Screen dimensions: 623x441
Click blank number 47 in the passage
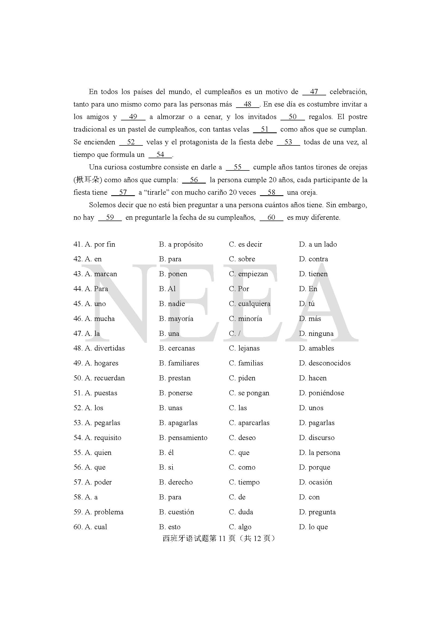[314, 92]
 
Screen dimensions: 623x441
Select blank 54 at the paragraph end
[160, 155]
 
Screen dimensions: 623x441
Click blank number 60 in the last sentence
[271, 217]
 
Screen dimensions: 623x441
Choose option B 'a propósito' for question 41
[181, 244]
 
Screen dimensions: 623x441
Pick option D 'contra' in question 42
[313, 259]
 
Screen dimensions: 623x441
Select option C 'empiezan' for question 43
[248, 274]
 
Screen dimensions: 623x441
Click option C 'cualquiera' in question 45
[250, 304]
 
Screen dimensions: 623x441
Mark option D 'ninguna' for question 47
[316, 333]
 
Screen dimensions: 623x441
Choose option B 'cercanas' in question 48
[177, 348]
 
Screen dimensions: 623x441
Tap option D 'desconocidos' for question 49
[324, 363]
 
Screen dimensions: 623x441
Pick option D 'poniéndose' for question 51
[321, 393]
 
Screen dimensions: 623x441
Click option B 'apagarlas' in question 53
[178, 423]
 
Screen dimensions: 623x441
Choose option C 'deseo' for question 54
[242, 438]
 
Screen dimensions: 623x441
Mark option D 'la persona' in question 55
[319, 453]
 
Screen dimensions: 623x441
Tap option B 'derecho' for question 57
[176, 482]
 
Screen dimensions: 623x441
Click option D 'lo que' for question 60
[313, 527]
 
